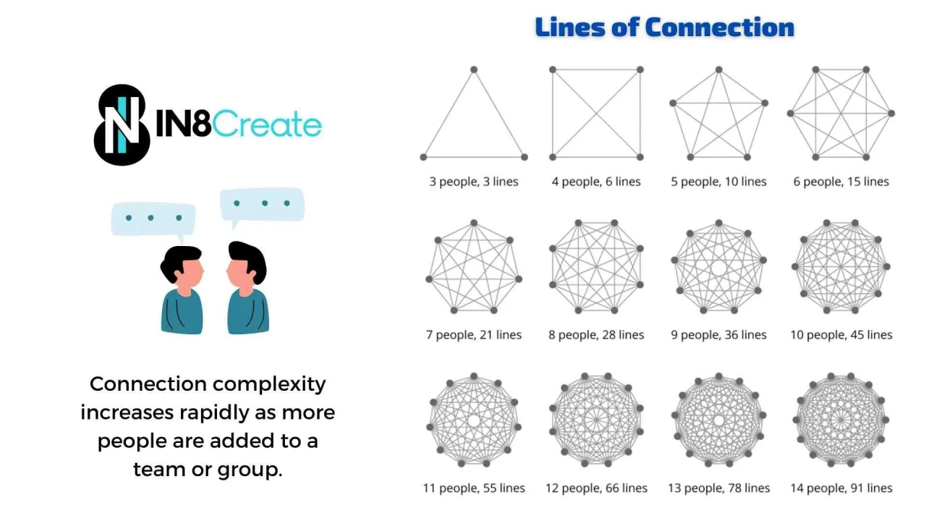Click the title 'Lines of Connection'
pyautogui.click(x=664, y=27)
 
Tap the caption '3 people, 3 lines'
pyautogui.click(x=474, y=182)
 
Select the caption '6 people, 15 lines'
pyautogui.click(x=841, y=182)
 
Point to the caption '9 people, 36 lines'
pyautogui.click(x=718, y=335)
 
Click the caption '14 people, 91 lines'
pyautogui.click(x=841, y=488)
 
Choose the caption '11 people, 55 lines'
pyautogui.click(x=474, y=488)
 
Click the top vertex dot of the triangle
pyautogui.click(x=474, y=69)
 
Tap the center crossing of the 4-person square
pyautogui.click(x=596, y=113)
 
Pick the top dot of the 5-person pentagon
pyautogui.click(x=718, y=69)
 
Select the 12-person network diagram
pyautogui.click(x=596, y=420)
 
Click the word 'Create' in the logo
pyautogui.click(x=268, y=124)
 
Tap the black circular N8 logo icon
pyautogui.click(x=122, y=124)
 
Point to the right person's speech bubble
pyautogui.click(x=262, y=204)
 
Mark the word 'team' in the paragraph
pyautogui.click(x=156, y=470)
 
